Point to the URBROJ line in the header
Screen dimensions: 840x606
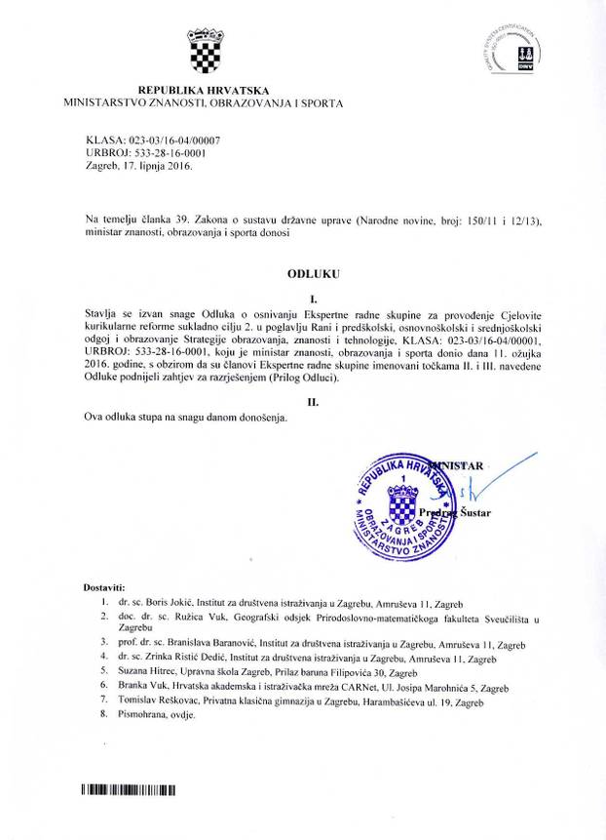point(146,153)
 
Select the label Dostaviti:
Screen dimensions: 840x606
point(104,588)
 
